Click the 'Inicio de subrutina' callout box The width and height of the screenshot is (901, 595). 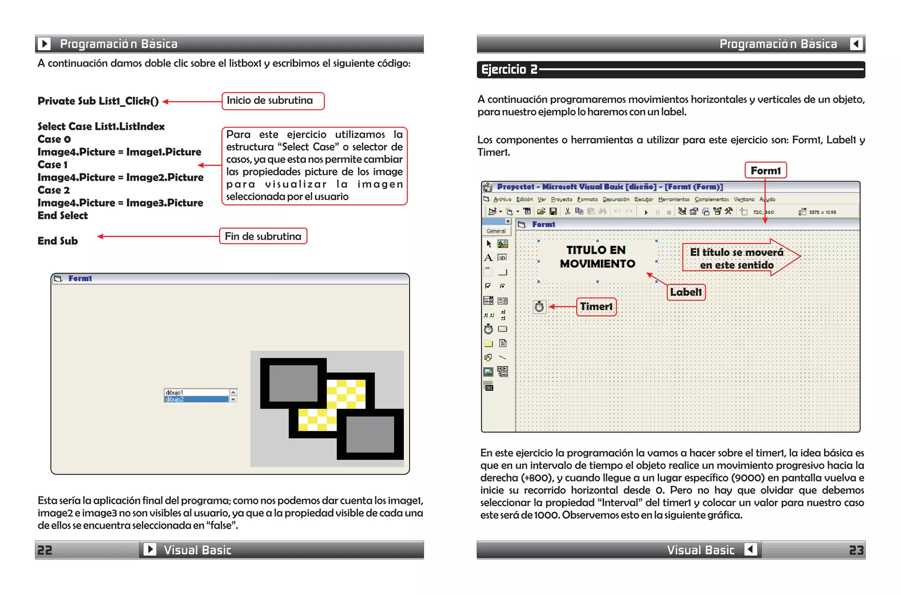coord(273,101)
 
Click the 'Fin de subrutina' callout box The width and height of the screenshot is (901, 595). coord(263,236)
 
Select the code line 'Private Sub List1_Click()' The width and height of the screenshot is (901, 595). coord(98,101)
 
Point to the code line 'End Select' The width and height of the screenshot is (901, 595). coord(63,216)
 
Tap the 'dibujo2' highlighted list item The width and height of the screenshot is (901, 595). coord(196,400)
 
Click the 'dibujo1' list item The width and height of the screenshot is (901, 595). coord(196,392)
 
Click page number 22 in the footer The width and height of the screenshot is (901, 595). coord(44,550)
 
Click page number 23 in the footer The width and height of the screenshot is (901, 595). coord(856,550)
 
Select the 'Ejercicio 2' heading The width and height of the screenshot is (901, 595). coord(509,70)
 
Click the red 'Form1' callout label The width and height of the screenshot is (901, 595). coord(765,170)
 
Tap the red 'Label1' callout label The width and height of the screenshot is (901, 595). coord(686,292)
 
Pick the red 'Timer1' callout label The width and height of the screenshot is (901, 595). coord(596,306)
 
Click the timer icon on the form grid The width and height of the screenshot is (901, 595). coord(539,306)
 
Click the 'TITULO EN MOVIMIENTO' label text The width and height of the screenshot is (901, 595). coord(597,257)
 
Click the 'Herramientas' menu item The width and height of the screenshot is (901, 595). coord(674,199)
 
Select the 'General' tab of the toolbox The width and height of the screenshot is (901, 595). coord(496,231)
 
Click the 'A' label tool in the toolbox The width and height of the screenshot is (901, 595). coord(488,258)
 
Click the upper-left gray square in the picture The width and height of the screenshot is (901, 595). coord(293,383)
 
